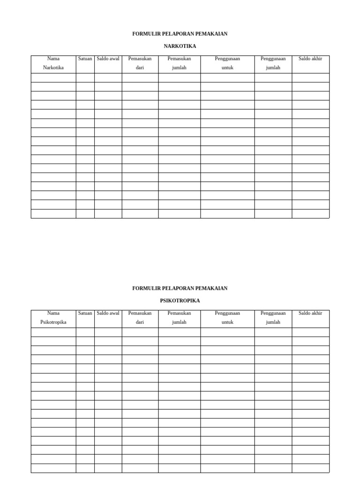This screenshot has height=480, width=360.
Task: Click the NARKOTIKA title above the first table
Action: point(180,46)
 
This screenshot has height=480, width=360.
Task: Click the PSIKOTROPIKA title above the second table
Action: point(180,300)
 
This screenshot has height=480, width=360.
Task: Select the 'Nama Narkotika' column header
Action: point(53,63)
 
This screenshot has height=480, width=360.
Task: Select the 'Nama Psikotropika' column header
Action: point(53,318)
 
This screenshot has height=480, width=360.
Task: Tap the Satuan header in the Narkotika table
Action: point(85,59)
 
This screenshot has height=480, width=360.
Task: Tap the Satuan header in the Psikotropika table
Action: point(85,313)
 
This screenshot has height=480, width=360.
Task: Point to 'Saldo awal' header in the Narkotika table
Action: point(108,59)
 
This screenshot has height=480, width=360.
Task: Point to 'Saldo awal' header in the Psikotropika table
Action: point(108,313)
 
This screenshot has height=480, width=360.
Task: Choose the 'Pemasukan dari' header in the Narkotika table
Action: point(140,63)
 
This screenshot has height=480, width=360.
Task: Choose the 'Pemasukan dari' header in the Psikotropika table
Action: point(140,318)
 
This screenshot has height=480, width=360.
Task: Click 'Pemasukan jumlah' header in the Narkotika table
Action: point(180,63)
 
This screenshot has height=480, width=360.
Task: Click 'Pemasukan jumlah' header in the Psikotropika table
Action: point(180,318)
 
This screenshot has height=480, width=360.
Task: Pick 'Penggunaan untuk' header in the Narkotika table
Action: point(227,63)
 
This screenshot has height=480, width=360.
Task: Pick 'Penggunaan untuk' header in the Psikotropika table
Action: point(227,318)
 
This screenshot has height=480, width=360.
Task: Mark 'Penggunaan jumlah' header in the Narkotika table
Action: point(273,63)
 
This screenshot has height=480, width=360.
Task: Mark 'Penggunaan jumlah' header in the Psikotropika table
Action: point(273,318)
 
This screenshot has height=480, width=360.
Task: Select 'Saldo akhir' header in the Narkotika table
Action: point(310,59)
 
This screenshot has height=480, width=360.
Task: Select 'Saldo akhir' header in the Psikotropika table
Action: point(310,313)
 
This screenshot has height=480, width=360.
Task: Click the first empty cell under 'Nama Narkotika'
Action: point(53,78)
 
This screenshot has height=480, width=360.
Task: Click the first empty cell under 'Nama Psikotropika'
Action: point(53,332)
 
